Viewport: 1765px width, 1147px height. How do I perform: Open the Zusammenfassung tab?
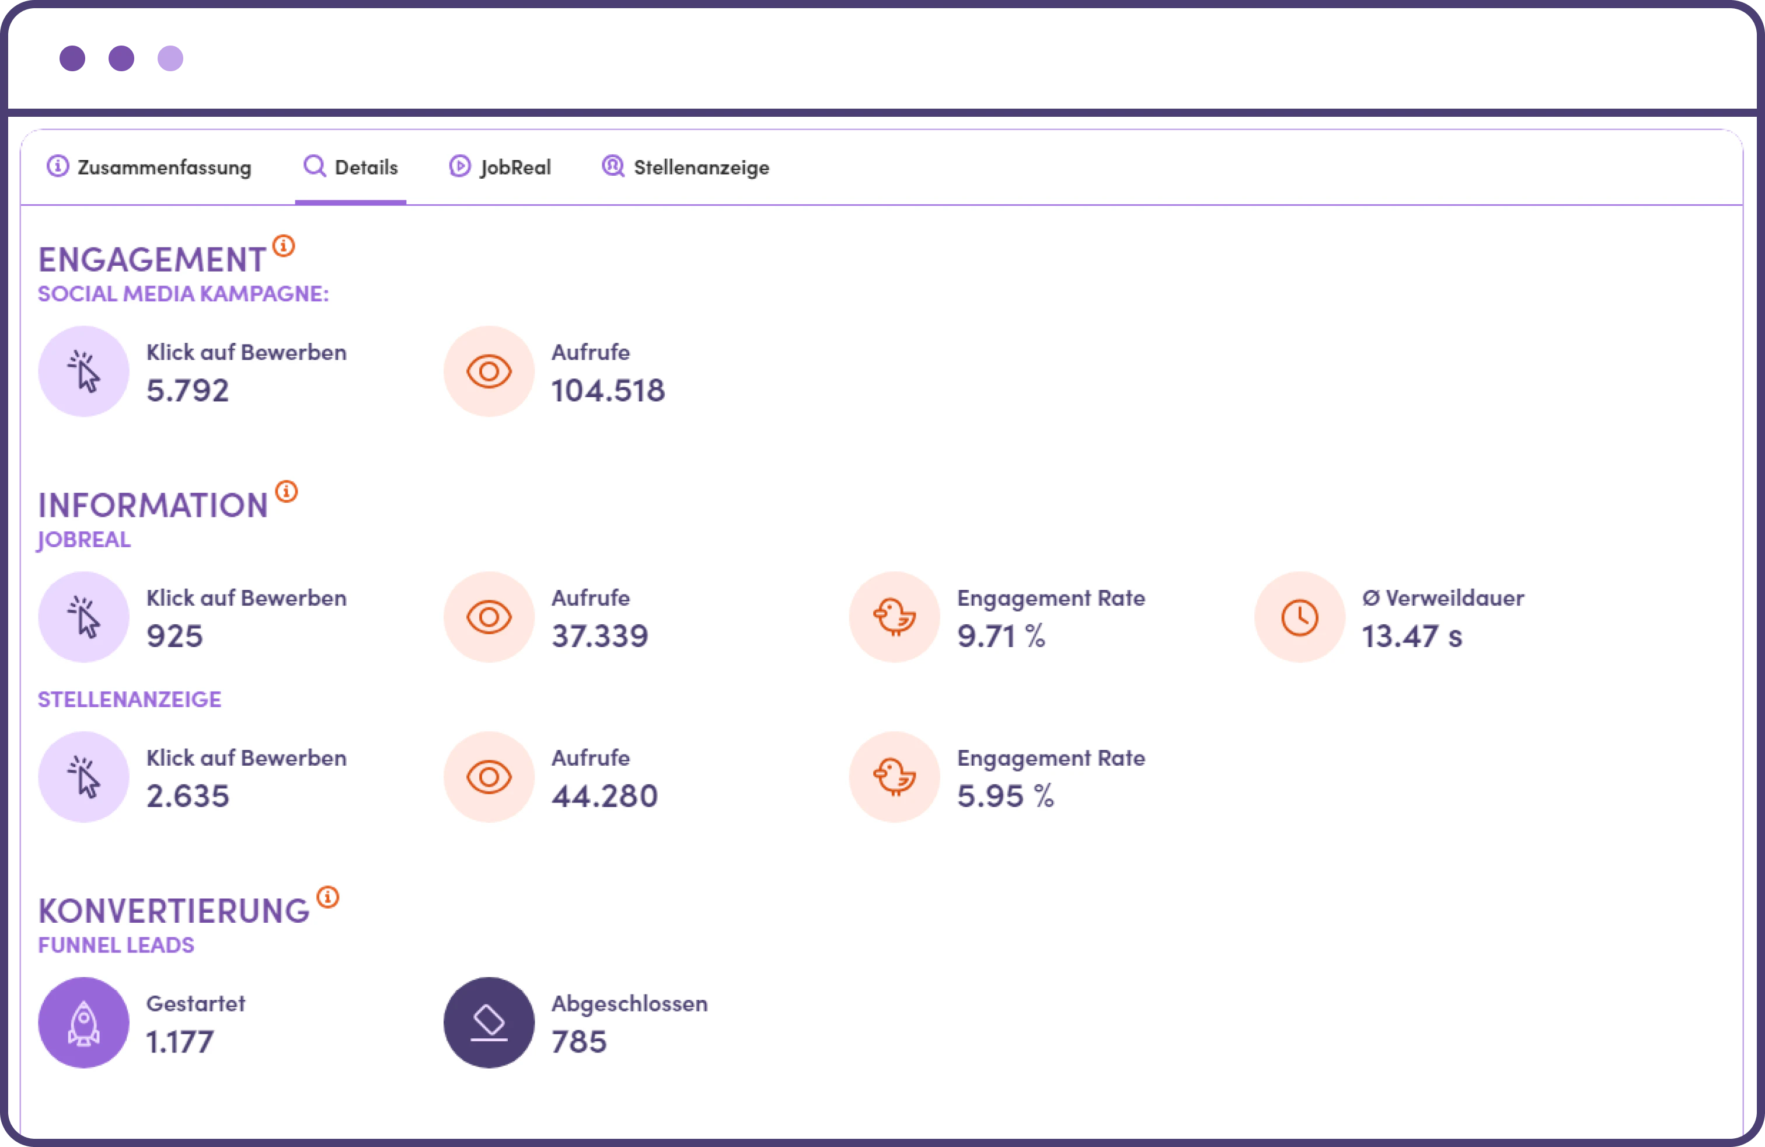[x=149, y=167]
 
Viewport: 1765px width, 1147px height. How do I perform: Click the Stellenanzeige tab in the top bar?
[x=685, y=167]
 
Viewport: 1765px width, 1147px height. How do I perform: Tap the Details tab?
[x=351, y=167]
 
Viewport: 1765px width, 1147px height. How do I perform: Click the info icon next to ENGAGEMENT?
[x=283, y=245]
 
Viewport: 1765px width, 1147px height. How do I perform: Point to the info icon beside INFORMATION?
[x=286, y=491]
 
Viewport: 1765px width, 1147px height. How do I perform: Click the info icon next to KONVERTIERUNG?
[x=328, y=897]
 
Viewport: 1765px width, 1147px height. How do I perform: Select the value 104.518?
[x=608, y=390]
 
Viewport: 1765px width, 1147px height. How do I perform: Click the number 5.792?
[x=187, y=390]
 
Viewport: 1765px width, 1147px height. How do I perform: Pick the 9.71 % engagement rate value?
[x=1000, y=636]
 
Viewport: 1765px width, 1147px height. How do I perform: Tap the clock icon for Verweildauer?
[x=1299, y=617]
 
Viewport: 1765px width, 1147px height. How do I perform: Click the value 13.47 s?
[x=1411, y=636]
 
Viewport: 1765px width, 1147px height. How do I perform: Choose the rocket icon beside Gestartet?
[x=84, y=1023]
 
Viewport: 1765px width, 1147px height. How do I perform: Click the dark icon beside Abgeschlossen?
[x=489, y=1023]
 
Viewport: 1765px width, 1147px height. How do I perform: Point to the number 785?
[x=579, y=1042]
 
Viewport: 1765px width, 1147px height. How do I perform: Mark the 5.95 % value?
[x=1005, y=796]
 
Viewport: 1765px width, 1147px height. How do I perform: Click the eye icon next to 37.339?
[x=489, y=617]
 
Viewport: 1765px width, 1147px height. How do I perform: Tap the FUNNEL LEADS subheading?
[x=116, y=945]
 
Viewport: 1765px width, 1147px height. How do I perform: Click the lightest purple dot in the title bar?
[x=170, y=58]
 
